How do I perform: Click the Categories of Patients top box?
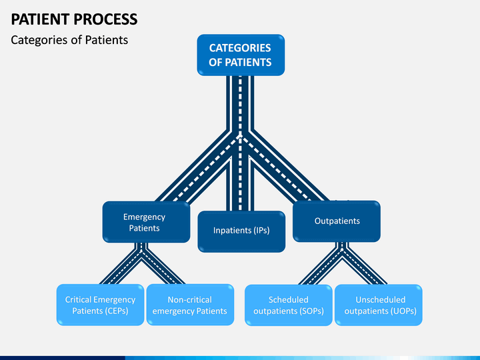pyautogui.click(x=241, y=55)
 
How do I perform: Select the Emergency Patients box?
pyautogui.click(x=146, y=222)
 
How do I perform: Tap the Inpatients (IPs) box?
pyautogui.click(x=241, y=231)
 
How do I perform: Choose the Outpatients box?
pyautogui.click(x=337, y=221)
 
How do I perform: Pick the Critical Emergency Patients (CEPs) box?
pyautogui.click(x=100, y=305)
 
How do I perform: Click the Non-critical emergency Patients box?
pyautogui.click(x=190, y=305)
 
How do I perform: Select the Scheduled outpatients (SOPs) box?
pyautogui.click(x=289, y=305)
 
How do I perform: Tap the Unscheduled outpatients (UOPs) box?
pyautogui.click(x=379, y=305)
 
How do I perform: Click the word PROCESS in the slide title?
pyautogui.click(x=105, y=19)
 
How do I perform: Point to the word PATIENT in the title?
pyautogui.click(x=41, y=19)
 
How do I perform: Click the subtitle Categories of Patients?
pyautogui.click(x=69, y=40)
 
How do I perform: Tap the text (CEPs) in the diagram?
pyautogui.click(x=116, y=311)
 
